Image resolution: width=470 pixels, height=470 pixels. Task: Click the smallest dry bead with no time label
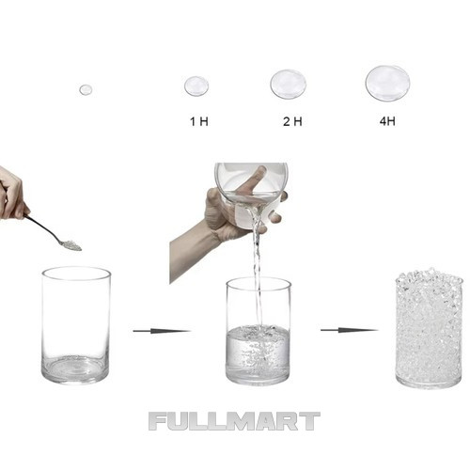point(86,89)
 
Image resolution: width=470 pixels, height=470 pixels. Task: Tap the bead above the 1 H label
point(196,86)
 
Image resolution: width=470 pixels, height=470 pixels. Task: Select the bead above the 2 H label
point(289,84)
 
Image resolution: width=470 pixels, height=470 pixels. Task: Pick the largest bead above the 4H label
point(387,83)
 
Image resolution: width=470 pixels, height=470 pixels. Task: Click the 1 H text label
point(199,121)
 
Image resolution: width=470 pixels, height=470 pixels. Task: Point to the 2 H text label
point(292,121)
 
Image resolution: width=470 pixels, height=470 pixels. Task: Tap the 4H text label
point(387,121)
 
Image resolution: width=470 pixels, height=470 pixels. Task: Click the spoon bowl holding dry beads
point(70,245)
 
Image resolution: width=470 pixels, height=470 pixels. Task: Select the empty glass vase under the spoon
point(76,325)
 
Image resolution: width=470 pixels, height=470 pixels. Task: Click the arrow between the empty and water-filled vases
point(162,331)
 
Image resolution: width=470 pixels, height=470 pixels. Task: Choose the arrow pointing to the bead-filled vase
point(349,330)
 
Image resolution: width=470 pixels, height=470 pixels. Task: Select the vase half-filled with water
point(258,332)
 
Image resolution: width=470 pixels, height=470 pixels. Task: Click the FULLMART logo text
point(234,421)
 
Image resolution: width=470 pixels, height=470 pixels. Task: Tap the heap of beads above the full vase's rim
point(429,274)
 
